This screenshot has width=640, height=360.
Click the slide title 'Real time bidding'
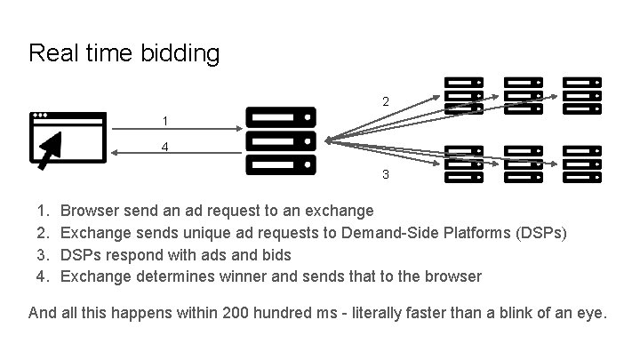click(x=124, y=53)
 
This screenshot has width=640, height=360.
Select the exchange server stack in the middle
click(x=280, y=140)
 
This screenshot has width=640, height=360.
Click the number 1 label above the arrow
click(x=164, y=120)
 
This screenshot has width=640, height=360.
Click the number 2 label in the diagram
click(x=385, y=102)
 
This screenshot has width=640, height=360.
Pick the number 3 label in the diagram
click(x=385, y=174)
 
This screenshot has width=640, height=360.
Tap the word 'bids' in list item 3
click(x=276, y=254)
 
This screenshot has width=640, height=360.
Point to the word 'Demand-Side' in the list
click(x=398, y=233)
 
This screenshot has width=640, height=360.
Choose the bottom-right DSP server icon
click(x=582, y=164)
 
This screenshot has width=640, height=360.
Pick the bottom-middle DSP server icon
click(x=523, y=164)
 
